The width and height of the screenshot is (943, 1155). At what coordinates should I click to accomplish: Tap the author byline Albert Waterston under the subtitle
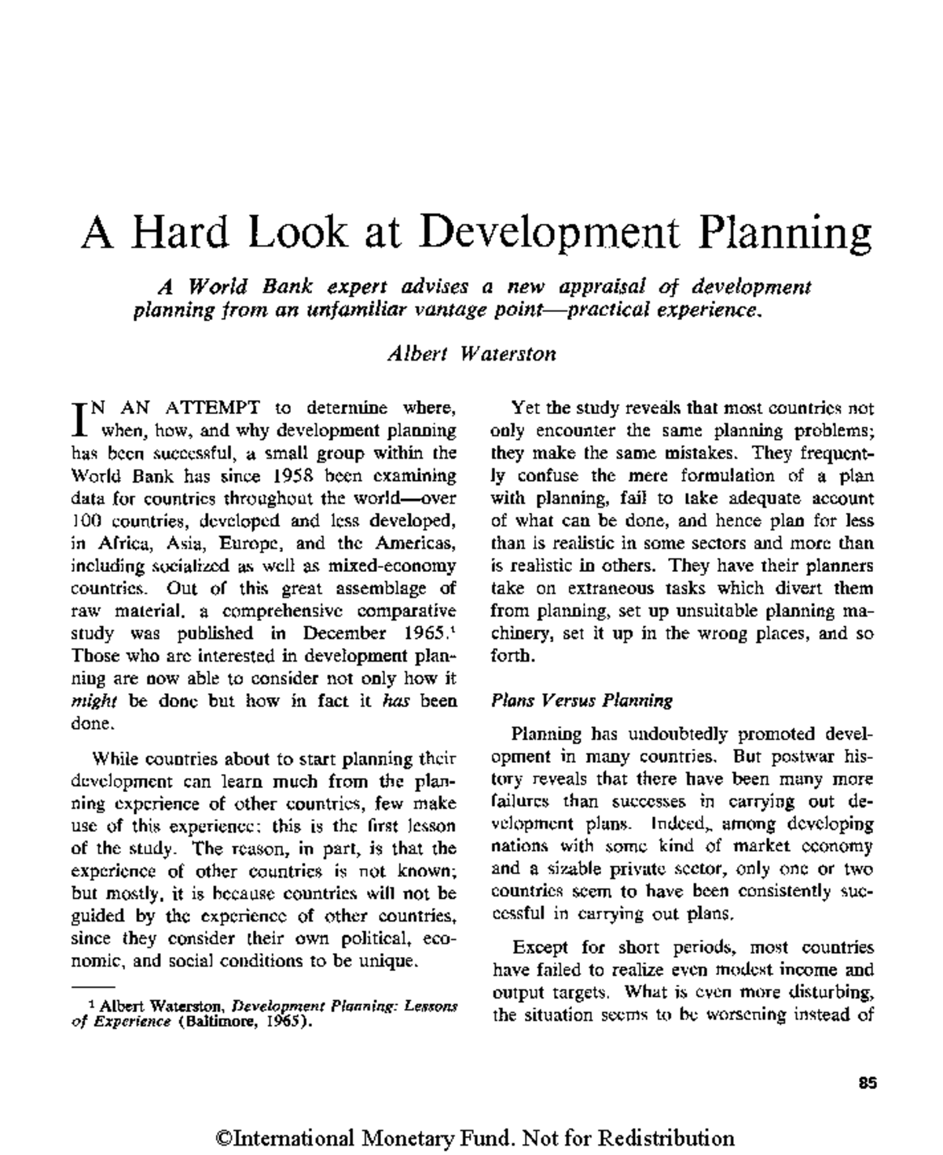pos(472,354)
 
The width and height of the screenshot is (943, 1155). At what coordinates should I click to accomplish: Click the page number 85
pos(868,1083)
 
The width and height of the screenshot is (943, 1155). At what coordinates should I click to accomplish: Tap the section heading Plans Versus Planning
pos(582,700)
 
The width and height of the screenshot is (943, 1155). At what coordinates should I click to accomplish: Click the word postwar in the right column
pos(787,757)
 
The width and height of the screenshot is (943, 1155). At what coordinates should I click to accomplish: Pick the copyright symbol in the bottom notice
pos(218,1138)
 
